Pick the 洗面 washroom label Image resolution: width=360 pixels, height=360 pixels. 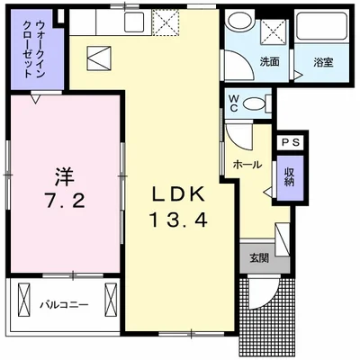tap(269, 63)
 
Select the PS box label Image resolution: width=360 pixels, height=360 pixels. tap(292, 142)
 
